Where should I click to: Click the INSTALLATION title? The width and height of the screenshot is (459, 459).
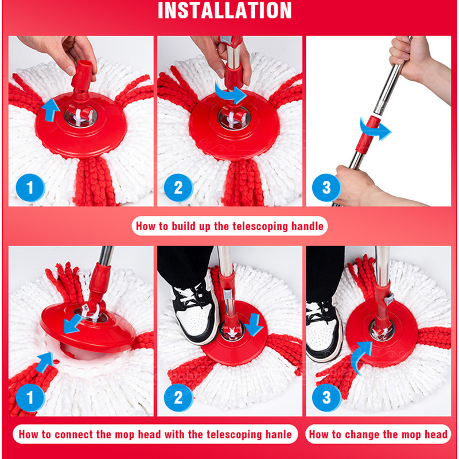(224, 10)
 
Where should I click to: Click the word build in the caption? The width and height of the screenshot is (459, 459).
(184, 226)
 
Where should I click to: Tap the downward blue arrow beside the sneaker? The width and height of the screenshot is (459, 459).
(254, 324)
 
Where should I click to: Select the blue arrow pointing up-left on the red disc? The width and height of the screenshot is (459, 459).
(50, 110)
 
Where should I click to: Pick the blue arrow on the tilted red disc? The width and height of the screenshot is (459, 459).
(72, 324)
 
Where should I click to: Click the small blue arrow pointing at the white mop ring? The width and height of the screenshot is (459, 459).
(45, 362)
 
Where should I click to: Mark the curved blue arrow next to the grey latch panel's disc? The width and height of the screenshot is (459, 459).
(360, 357)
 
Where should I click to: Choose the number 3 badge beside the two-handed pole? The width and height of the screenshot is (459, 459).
(326, 188)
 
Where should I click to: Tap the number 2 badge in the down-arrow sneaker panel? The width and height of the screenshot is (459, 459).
(178, 398)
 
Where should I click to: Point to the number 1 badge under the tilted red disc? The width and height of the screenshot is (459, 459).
(30, 398)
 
